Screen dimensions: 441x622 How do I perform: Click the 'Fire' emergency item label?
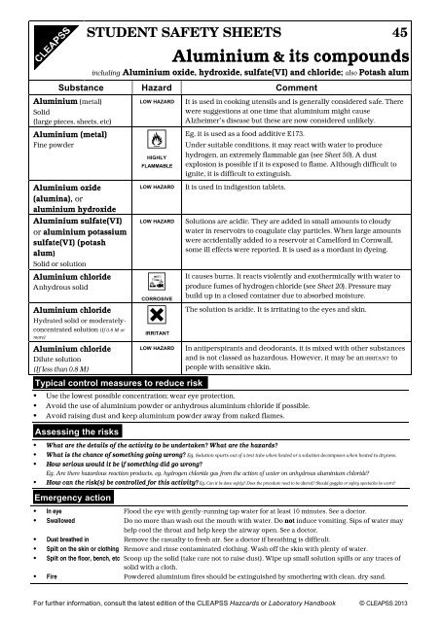48,602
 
